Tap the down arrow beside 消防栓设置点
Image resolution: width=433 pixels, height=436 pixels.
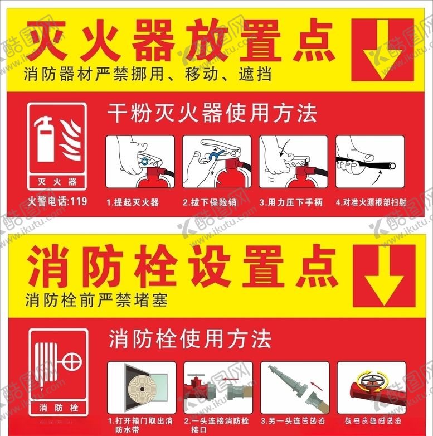383,275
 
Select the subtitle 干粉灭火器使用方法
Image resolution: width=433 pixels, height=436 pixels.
212,114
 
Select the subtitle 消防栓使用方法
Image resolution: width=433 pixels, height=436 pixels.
190,339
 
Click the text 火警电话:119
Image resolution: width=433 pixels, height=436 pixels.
57,202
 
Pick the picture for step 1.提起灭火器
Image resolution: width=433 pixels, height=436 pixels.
139,162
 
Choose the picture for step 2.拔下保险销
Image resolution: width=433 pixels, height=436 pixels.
217,162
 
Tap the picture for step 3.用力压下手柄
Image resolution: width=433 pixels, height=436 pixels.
293,162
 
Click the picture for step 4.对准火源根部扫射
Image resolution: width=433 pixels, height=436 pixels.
369,162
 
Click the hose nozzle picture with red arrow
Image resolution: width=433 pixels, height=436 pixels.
294,387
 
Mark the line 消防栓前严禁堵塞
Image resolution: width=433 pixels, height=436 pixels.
96,301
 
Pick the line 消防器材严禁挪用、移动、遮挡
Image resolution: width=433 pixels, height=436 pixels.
148,74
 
